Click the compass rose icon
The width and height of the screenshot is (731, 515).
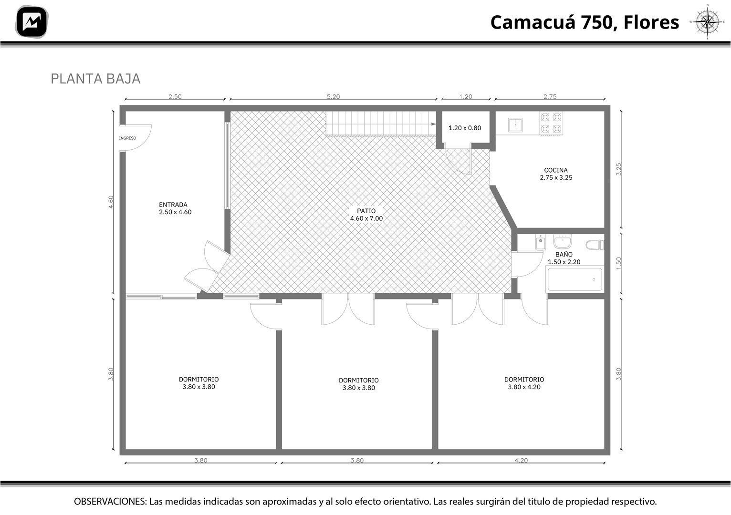(707, 22)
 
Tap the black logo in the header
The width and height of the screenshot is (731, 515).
(31, 22)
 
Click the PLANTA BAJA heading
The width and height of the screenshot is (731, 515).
(95, 79)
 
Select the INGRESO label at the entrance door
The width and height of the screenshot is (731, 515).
(127, 138)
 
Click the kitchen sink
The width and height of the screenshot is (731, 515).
(515, 125)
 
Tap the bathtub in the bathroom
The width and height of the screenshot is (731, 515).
(574, 279)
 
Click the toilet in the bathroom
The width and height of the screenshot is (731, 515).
(595, 245)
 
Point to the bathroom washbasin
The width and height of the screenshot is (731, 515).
(562, 242)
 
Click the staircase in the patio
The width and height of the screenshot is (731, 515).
(381, 124)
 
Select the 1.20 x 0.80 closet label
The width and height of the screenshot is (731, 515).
(465, 128)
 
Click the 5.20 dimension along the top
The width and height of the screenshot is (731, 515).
(333, 96)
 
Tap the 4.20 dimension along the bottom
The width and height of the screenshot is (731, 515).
(521, 460)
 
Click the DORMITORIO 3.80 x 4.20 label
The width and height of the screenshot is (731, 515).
(524, 383)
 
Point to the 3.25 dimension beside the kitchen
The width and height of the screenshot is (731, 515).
(618, 170)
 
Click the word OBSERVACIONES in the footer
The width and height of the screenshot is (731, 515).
(110, 501)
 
